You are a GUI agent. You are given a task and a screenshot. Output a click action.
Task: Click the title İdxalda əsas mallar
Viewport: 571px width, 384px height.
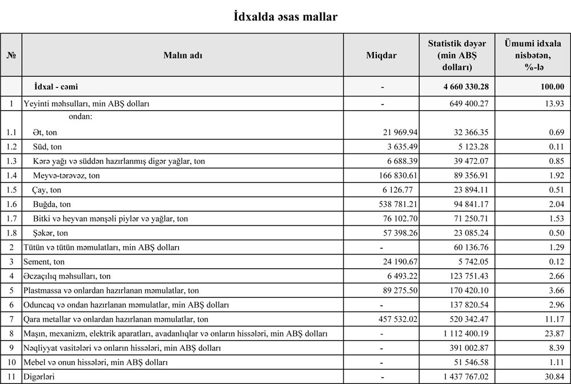coord(285,17)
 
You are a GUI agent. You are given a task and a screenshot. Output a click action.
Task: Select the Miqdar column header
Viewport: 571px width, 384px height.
coord(381,55)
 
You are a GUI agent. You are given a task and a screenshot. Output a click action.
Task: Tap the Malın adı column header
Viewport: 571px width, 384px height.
coord(183,55)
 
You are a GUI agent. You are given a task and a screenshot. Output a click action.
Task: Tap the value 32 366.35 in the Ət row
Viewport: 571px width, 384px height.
coord(468,132)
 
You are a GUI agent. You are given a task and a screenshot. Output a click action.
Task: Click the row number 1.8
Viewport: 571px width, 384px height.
coord(11,233)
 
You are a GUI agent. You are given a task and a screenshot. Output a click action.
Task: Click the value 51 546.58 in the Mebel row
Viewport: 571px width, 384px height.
coord(468,362)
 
